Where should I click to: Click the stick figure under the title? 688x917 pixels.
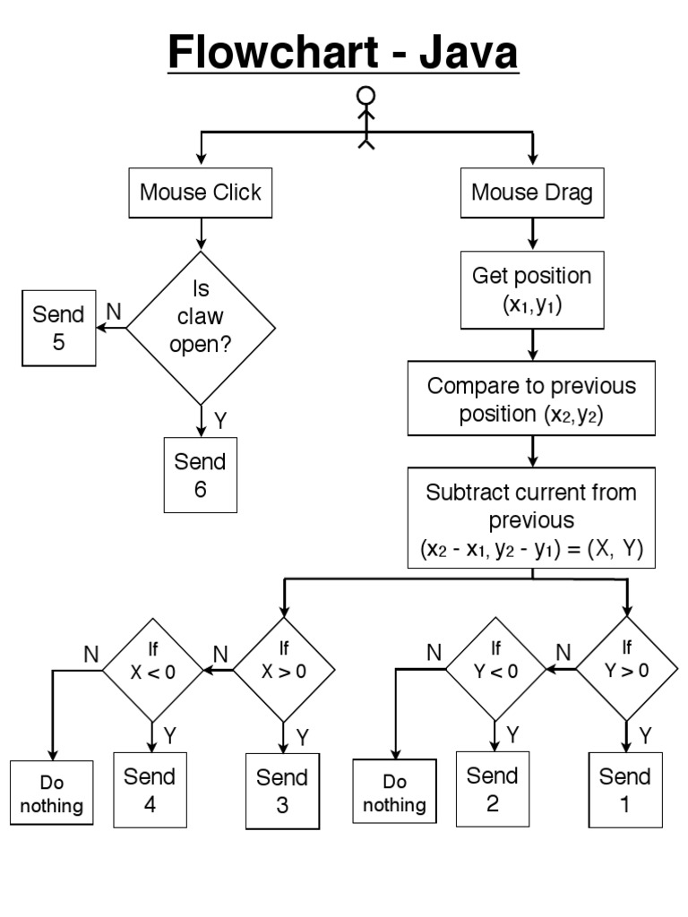click(365, 117)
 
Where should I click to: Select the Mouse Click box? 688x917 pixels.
click(201, 193)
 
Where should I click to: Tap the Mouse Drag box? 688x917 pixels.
click(532, 193)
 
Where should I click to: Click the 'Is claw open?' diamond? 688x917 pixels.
click(201, 328)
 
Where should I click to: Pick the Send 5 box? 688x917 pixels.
click(59, 328)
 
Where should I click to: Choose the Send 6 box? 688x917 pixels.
click(201, 475)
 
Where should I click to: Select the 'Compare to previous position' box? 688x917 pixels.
click(532, 399)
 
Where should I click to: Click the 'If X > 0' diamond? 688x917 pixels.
click(284, 669)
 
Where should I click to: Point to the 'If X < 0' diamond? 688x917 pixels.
click(152, 669)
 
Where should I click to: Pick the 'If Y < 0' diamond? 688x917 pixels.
click(495, 669)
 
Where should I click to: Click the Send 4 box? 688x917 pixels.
click(150, 789)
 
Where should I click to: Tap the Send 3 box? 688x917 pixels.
click(282, 791)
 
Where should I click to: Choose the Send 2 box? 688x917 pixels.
click(493, 789)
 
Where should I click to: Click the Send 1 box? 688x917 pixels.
click(625, 789)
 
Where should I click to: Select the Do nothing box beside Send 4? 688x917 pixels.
click(52, 792)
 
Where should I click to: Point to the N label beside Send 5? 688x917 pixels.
click(114, 311)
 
